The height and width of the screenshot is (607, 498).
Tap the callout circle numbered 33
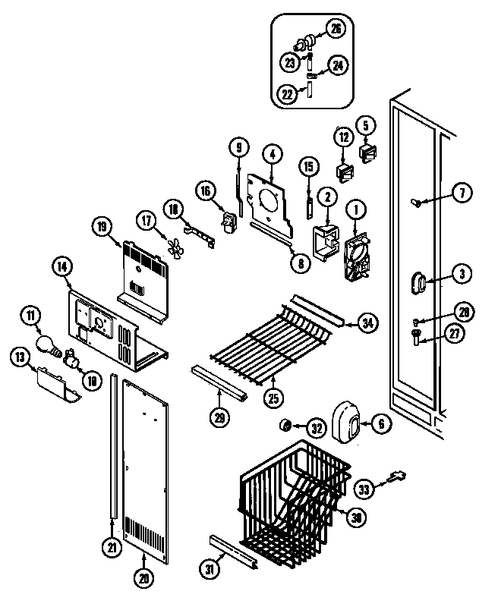[x=366, y=490]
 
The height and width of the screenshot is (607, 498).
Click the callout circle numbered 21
[x=112, y=547]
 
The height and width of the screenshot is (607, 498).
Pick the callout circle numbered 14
[x=61, y=266]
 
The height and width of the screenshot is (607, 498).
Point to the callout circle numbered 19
[x=102, y=225]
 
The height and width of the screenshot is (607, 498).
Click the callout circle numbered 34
[x=367, y=324]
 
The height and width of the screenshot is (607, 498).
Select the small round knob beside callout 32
[x=288, y=423]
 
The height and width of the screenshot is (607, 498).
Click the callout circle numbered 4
[x=272, y=154]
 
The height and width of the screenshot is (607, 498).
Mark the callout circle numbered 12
[x=344, y=137]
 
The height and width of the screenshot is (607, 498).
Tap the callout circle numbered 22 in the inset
[x=286, y=93]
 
